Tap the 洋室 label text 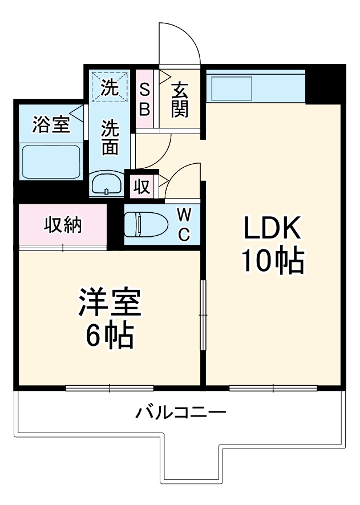[x=110, y=304]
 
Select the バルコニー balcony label [x=181, y=412]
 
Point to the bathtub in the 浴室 [x=50, y=161]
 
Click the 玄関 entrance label [x=179, y=99]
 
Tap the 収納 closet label [x=63, y=225]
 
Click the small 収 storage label [x=142, y=187]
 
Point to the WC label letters [x=184, y=224]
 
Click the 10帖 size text [x=272, y=261]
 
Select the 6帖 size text [x=110, y=336]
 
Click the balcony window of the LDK [x=273, y=388]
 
